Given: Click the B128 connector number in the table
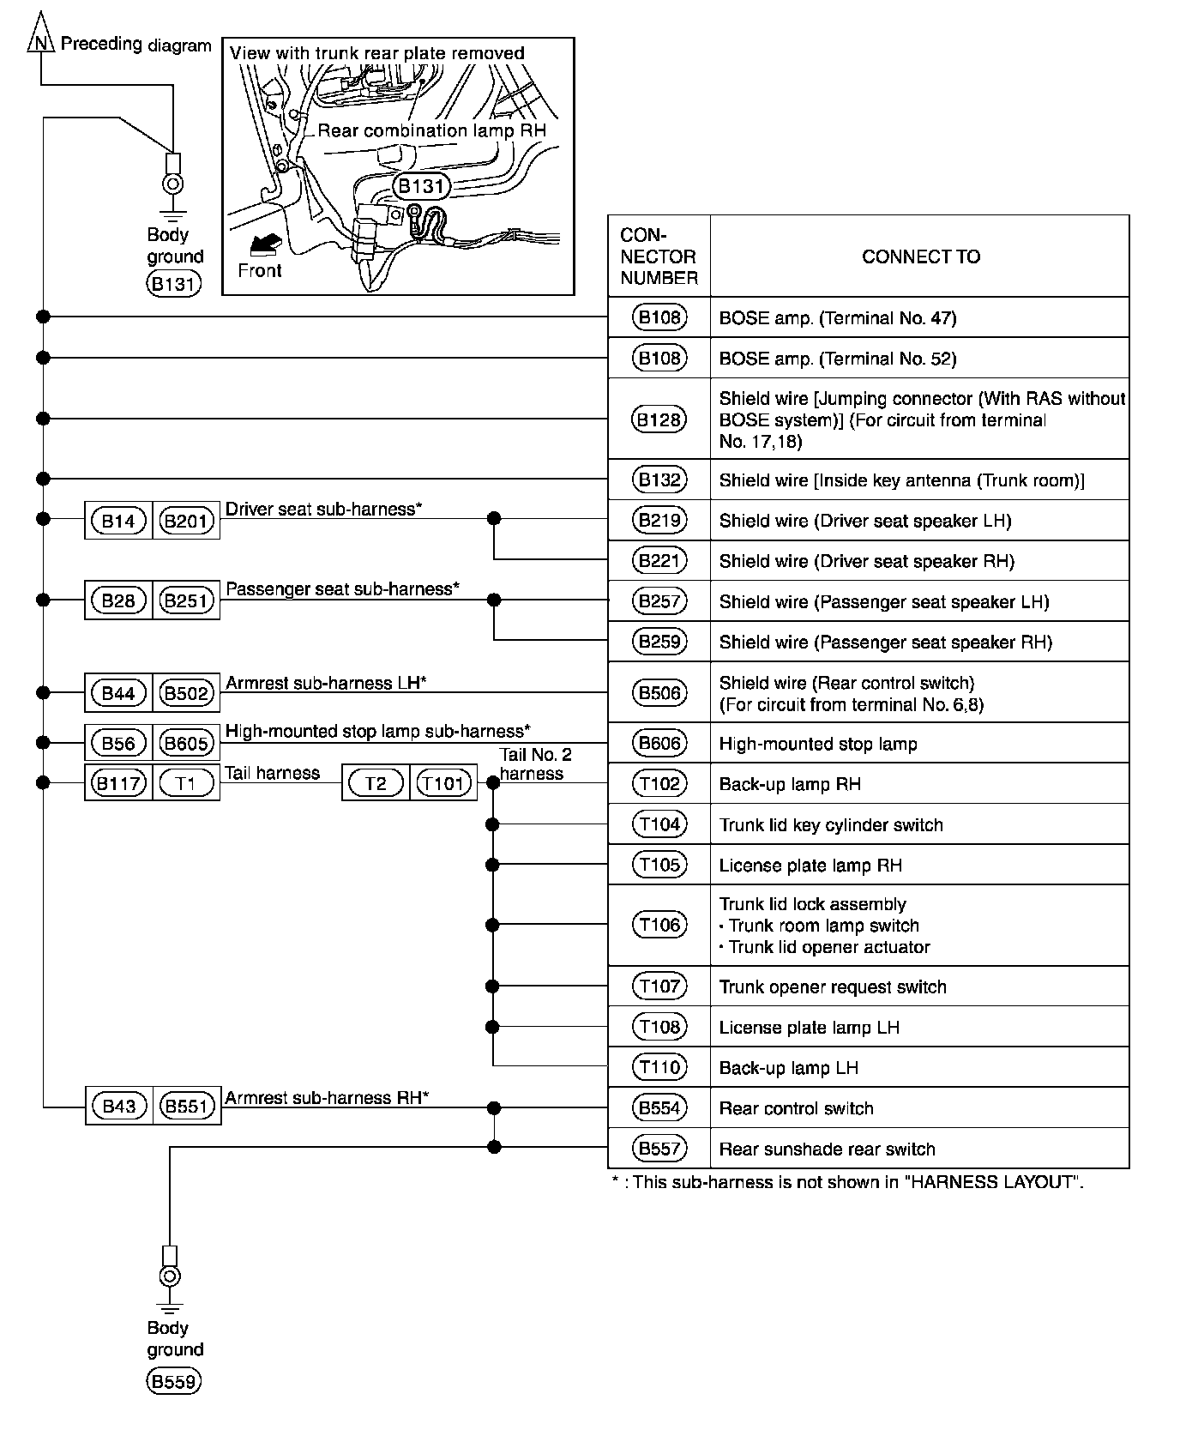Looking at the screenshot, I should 659,419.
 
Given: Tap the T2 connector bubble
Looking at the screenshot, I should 376,783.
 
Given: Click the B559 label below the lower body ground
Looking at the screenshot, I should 174,1382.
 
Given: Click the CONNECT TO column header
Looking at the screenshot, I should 920,256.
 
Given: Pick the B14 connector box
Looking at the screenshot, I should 118,521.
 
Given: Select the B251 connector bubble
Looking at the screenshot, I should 186,600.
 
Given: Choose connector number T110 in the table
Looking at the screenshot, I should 659,1067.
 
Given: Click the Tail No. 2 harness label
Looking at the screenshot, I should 535,764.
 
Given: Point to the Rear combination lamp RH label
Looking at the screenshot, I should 431,130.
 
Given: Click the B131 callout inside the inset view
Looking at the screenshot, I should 422,186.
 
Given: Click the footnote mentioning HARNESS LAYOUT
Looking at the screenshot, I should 847,1182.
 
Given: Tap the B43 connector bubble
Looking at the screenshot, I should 119,1107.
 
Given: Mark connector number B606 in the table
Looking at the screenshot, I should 659,743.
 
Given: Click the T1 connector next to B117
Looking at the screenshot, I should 186,783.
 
